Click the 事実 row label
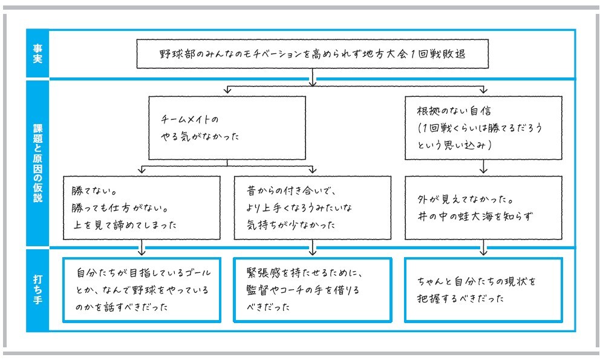point(37,53)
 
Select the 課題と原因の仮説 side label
point(37,163)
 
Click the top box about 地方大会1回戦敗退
point(311,54)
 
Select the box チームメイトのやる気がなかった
point(227,128)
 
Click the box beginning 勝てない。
point(142,208)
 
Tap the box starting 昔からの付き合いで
point(312,208)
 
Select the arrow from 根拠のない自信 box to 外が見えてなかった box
point(483,168)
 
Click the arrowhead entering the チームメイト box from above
point(227,91)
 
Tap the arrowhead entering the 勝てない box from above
point(142,171)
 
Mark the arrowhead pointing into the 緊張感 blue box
point(312,251)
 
